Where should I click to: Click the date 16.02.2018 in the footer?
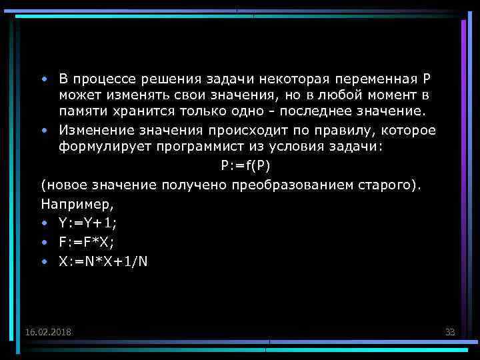(x=49, y=331)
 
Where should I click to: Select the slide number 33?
(x=449, y=331)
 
